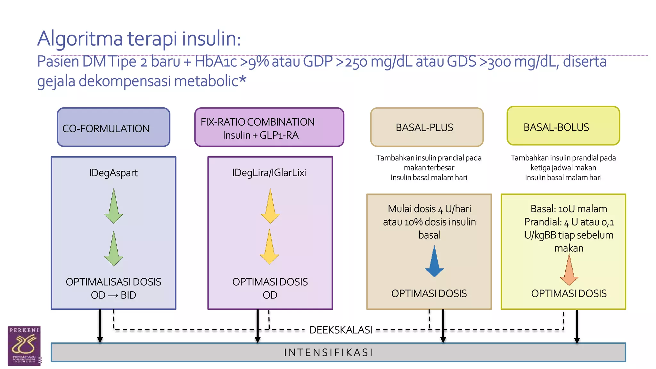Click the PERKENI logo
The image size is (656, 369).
coord(24,346)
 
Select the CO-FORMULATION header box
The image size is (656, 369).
coord(113,127)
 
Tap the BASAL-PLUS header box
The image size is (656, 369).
coord(427,127)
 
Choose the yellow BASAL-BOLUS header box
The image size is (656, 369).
coord(563,126)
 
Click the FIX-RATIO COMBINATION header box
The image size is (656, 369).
coord(269,127)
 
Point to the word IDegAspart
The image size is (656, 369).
coord(113,173)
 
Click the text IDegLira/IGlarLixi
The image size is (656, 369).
coord(269,173)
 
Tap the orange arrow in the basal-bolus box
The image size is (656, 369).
coord(569,271)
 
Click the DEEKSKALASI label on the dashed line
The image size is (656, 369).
coord(340,330)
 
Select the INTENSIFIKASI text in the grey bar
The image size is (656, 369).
coord(329,353)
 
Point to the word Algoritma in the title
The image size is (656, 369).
coord(80,39)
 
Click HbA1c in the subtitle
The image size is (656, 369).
coord(216,61)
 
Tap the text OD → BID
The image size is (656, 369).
coord(113,295)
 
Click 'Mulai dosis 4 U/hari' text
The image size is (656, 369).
coord(429,209)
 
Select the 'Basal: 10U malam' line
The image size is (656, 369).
coord(569,209)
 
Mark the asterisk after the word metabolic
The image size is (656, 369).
coord(243,79)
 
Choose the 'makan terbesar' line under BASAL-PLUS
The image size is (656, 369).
coord(429,168)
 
